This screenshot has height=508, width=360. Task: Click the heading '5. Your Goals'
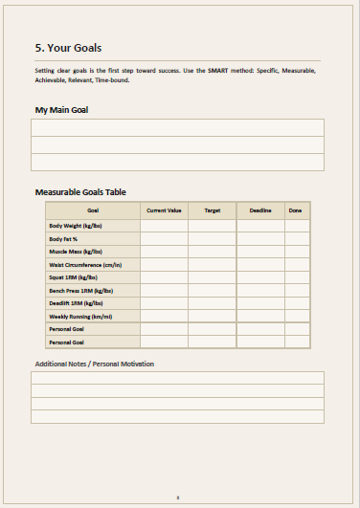pos(68,48)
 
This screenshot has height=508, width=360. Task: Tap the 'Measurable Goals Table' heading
pos(80,192)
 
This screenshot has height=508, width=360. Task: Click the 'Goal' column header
pos(93,210)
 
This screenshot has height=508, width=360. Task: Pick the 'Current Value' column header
pos(164,210)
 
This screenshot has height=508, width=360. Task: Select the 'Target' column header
pos(212,210)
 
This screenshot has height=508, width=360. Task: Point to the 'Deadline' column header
pos(260,210)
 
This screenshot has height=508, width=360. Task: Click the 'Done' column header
pos(297,210)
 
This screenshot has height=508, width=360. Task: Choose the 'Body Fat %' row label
pos(64,238)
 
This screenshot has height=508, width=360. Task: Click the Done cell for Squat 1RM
pos(297,277)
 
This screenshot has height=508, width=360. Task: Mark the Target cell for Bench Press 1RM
pos(212,290)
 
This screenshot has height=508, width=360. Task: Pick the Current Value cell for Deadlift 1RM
pos(164,302)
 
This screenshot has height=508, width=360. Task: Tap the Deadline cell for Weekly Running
pos(260,316)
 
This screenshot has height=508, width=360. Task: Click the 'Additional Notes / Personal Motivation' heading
pos(94,364)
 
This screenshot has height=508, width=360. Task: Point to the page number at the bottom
pos(179,497)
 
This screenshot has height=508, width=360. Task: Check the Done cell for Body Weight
pos(297,226)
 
